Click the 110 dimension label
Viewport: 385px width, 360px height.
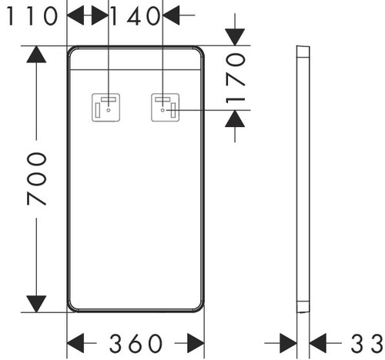pyautogui.click(x=32, y=16)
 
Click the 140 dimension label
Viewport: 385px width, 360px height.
pyautogui.click(x=136, y=16)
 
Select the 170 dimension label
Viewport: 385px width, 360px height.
pyautogui.click(x=236, y=78)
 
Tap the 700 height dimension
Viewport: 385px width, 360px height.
pyautogui.click(x=37, y=179)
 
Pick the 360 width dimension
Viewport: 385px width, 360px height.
pyautogui.click(x=136, y=343)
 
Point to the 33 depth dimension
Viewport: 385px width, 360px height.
pyautogui.click(x=367, y=343)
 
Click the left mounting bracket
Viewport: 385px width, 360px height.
pyautogui.click(x=105, y=108)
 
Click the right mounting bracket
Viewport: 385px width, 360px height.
pyautogui.click(x=166, y=108)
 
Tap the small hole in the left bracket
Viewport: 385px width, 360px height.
pyautogui.click(x=109, y=110)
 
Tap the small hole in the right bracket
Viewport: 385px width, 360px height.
pyautogui.click(x=162, y=110)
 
